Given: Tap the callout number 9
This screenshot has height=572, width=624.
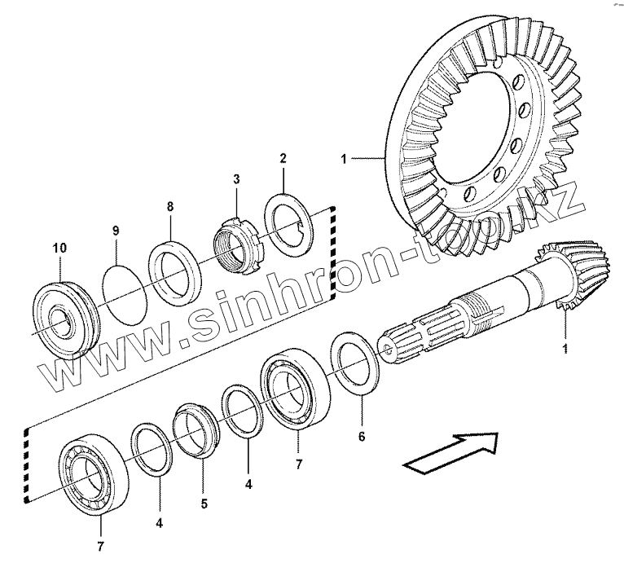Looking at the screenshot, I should tap(116, 231).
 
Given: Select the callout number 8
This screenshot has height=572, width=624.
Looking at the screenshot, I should tap(170, 207).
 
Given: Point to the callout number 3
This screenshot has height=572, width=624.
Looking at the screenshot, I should tap(236, 178).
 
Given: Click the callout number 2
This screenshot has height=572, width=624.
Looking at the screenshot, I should tap(283, 156).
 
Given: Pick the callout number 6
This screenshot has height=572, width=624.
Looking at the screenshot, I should tap(361, 436).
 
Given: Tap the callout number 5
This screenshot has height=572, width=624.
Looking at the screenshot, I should tap(204, 504).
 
